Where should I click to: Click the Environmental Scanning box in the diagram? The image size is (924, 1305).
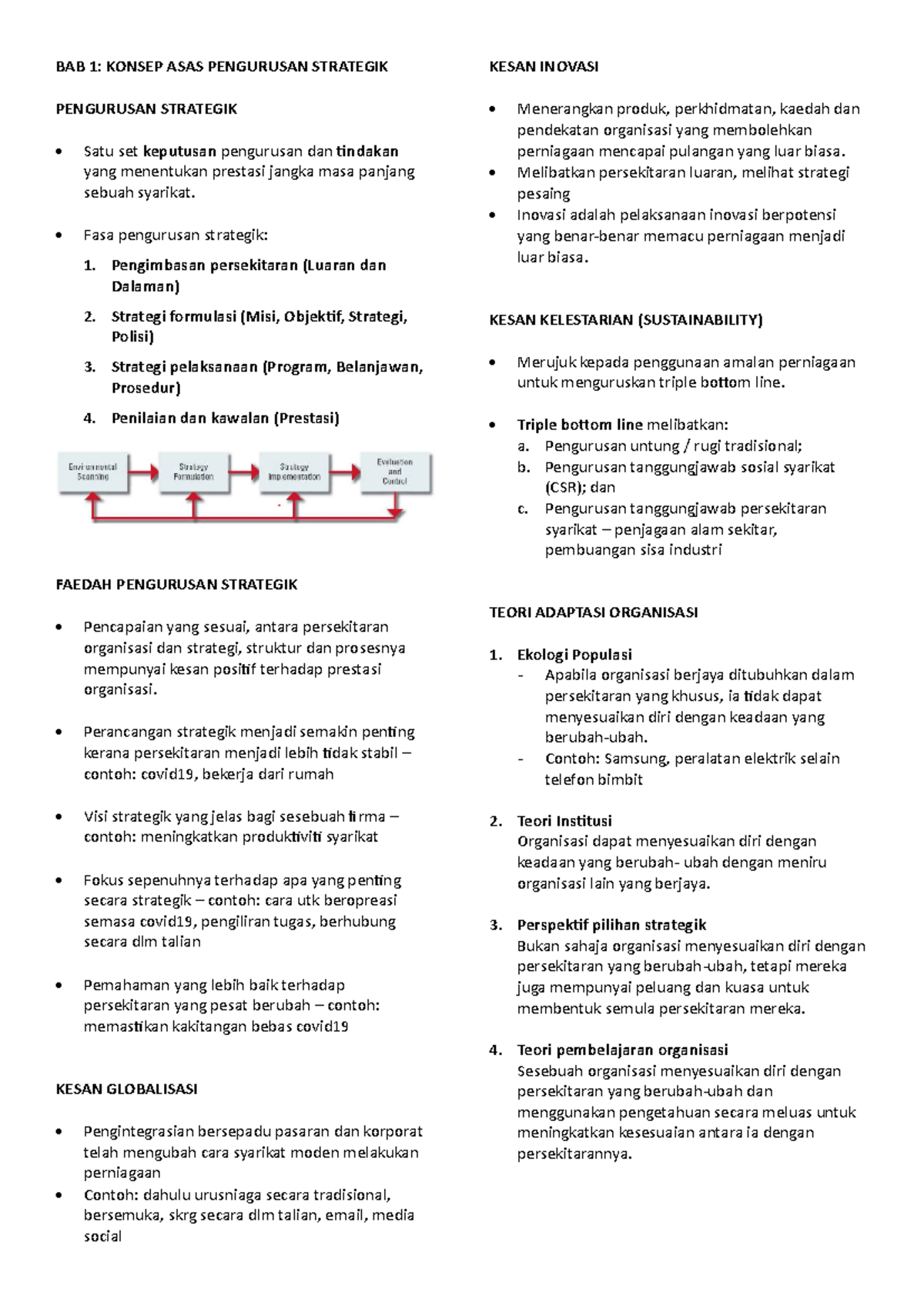(92, 472)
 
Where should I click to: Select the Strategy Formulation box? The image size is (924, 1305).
(193, 472)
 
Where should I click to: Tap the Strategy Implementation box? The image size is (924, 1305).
(294, 472)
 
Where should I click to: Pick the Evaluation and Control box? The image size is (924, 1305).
(395, 472)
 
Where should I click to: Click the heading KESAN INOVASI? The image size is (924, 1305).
(544, 67)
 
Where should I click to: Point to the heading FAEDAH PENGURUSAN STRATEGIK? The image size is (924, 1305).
(176, 585)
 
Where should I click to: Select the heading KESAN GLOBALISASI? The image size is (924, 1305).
(126, 1090)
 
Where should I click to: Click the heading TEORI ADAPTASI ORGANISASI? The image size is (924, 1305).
(593, 613)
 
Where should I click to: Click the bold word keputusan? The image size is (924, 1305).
(179, 151)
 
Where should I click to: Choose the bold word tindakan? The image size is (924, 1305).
(367, 151)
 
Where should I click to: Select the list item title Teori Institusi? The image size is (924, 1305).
(564, 821)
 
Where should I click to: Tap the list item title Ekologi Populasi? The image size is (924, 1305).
(574, 655)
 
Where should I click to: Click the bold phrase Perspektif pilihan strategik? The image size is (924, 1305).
(611, 925)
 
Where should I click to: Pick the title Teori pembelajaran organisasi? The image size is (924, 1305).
(622, 1050)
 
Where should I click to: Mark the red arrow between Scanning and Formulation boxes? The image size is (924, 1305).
(142, 471)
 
